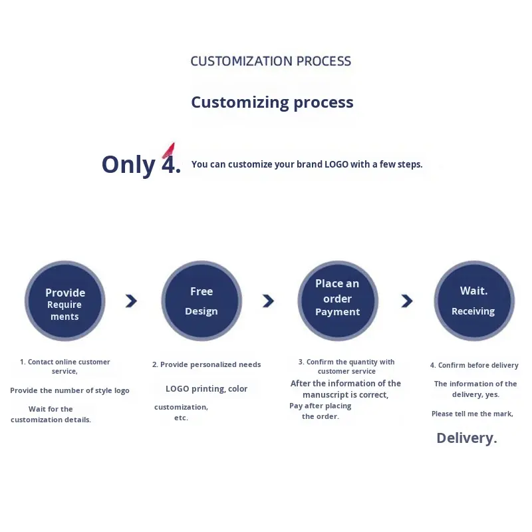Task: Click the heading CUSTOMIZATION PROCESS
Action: click(x=271, y=61)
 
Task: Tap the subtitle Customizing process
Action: click(x=272, y=102)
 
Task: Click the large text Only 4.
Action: click(x=141, y=164)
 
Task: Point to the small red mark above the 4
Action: click(x=169, y=150)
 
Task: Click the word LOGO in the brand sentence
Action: click(x=336, y=164)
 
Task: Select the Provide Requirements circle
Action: click(x=65, y=301)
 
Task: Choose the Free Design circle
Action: click(x=201, y=301)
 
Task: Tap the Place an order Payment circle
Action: click(x=338, y=301)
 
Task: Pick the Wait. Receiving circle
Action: click(x=473, y=301)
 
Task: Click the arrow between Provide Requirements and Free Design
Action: click(x=131, y=301)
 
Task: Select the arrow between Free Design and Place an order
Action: click(x=268, y=301)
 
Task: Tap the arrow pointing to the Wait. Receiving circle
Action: click(x=406, y=301)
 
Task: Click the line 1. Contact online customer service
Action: click(x=65, y=366)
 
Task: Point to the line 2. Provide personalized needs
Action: click(x=206, y=364)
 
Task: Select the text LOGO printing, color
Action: click(x=206, y=388)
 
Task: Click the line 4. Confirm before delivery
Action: click(x=474, y=365)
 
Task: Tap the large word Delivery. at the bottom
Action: click(x=467, y=438)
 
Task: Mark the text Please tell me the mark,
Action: click(x=472, y=414)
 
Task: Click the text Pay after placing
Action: click(x=321, y=406)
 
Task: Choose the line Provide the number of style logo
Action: click(x=70, y=390)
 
